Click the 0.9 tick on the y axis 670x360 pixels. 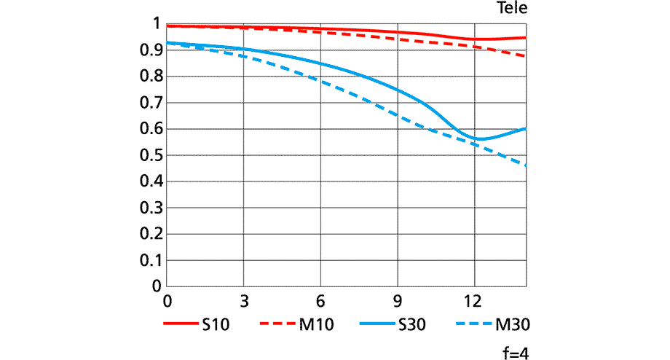149,50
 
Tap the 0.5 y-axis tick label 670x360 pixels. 149,155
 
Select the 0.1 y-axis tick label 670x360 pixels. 149,260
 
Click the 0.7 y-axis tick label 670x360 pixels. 149,103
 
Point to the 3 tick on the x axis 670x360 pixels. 245,300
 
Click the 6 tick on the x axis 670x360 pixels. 321,300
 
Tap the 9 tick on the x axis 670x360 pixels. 398,300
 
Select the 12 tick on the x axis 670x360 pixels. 475,300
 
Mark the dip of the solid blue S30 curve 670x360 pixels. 478,138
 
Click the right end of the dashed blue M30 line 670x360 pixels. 525,165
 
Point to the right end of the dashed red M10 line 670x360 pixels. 525,55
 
